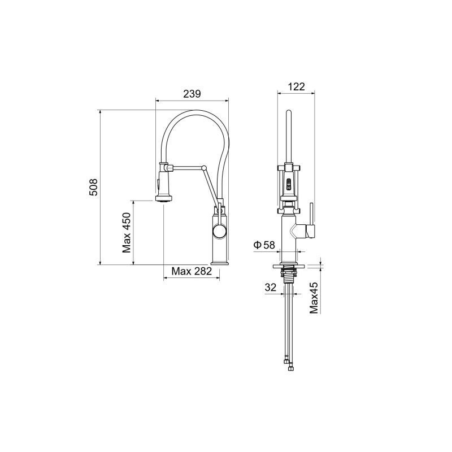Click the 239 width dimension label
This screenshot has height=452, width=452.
click(193, 94)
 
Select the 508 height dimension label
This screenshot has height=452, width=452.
click(94, 187)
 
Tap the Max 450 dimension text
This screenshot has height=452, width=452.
click(127, 232)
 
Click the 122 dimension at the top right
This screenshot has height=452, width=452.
click(296, 86)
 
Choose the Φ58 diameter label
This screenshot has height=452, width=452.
click(264, 245)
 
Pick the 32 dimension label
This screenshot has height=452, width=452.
click(270, 287)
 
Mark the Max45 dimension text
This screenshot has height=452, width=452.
click(314, 297)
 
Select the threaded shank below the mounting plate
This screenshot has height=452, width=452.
click(290, 275)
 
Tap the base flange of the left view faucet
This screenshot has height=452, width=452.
click(220, 262)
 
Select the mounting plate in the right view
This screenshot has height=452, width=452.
click(290, 264)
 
